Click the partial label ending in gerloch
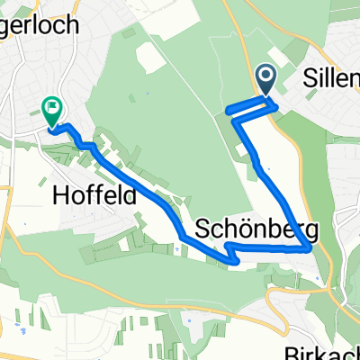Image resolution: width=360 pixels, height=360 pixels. point(44,24)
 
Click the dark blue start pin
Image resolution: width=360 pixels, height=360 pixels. point(267,79)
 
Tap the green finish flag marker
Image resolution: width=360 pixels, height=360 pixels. point(50,112)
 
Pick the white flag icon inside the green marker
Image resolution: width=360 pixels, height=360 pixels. point(50,110)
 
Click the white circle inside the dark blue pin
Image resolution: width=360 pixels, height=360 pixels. point(267,76)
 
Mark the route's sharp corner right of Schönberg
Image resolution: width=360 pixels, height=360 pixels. point(311,249)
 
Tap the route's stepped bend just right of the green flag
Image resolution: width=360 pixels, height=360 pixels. point(85,143)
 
